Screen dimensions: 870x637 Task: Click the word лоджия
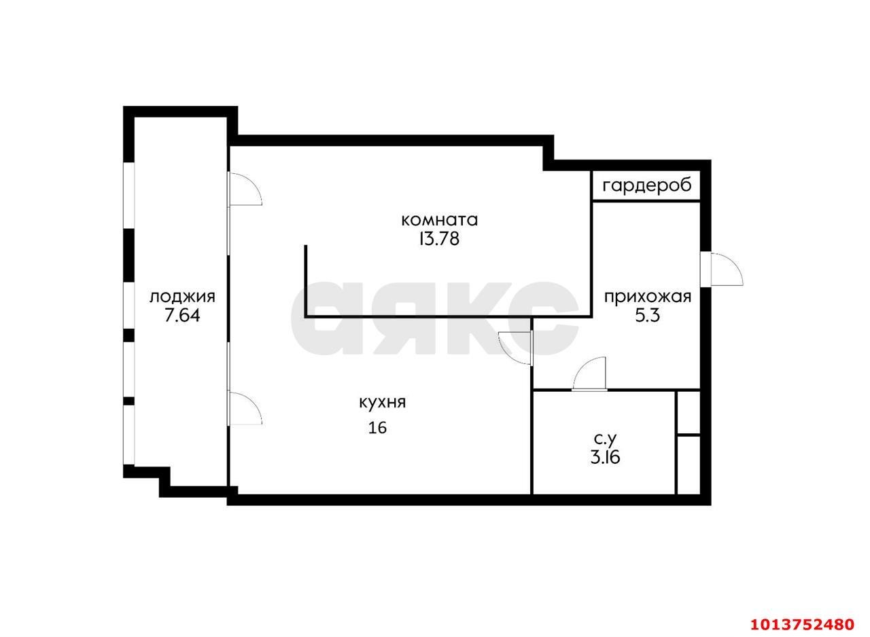183,298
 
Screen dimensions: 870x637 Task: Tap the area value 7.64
182,316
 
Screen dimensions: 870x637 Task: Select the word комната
439,220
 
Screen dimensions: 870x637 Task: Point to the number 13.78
439,239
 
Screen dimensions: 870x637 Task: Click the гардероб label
647,186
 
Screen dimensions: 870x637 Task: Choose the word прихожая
648,297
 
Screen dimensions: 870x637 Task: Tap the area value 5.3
648,316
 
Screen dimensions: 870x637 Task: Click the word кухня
382,403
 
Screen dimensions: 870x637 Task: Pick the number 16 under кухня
377,428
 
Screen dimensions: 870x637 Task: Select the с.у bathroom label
605,439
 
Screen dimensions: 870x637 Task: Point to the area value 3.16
605,458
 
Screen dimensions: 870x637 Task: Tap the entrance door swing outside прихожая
727,270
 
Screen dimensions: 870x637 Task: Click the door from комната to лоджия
245,189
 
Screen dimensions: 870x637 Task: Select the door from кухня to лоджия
245,408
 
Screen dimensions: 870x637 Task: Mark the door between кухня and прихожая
515,348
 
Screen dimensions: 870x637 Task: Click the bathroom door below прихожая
589,373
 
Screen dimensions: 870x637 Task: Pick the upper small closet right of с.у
689,412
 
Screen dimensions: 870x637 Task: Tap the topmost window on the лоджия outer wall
129,196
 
